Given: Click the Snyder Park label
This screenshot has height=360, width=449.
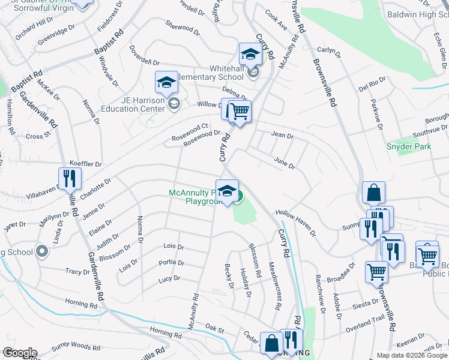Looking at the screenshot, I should point(409,146).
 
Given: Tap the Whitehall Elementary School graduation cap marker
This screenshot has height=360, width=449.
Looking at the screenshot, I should point(250,55).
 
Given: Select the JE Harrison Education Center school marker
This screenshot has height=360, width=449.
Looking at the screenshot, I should point(166,83).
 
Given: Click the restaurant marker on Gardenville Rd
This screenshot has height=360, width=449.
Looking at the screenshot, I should point(70,178).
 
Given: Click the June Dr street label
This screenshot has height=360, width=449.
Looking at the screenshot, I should point(285,163).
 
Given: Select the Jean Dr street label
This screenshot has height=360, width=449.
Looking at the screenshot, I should point(282,136).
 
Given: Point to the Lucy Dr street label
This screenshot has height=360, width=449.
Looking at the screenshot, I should point(169,279).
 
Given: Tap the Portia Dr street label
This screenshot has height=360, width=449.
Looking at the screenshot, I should point(171,263).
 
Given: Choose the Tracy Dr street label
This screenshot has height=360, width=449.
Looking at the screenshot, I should point(77,272).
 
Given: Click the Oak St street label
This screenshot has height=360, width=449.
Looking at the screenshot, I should point(214,330).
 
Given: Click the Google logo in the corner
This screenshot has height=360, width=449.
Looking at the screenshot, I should point(19,353).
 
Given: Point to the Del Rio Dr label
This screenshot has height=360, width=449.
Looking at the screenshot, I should point(372,83).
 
